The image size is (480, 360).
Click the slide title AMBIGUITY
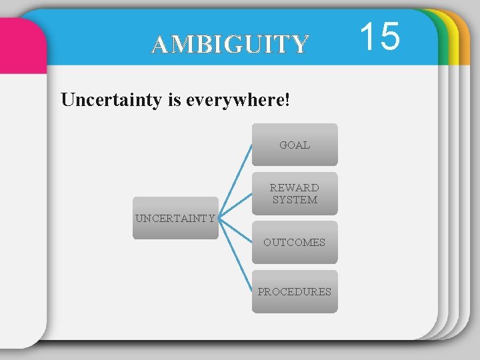pos(230,45)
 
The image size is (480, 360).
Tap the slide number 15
pos(381,36)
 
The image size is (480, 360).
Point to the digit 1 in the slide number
pos(368,36)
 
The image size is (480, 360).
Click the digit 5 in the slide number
pos(390,36)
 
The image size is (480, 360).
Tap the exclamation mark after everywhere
pos(287,100)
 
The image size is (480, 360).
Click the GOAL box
pos(295,145)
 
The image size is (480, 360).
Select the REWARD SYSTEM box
pos(295,193)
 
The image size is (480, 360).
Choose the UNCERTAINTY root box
pos(175,218)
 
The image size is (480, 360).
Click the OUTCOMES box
pos(295,243)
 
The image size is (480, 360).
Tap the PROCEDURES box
pos(295,291)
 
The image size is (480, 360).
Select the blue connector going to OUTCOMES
pos(235,231)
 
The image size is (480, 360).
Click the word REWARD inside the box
pos(295,188)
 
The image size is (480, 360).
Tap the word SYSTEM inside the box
pos(295,200)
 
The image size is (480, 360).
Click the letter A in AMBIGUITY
pos(159,45)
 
